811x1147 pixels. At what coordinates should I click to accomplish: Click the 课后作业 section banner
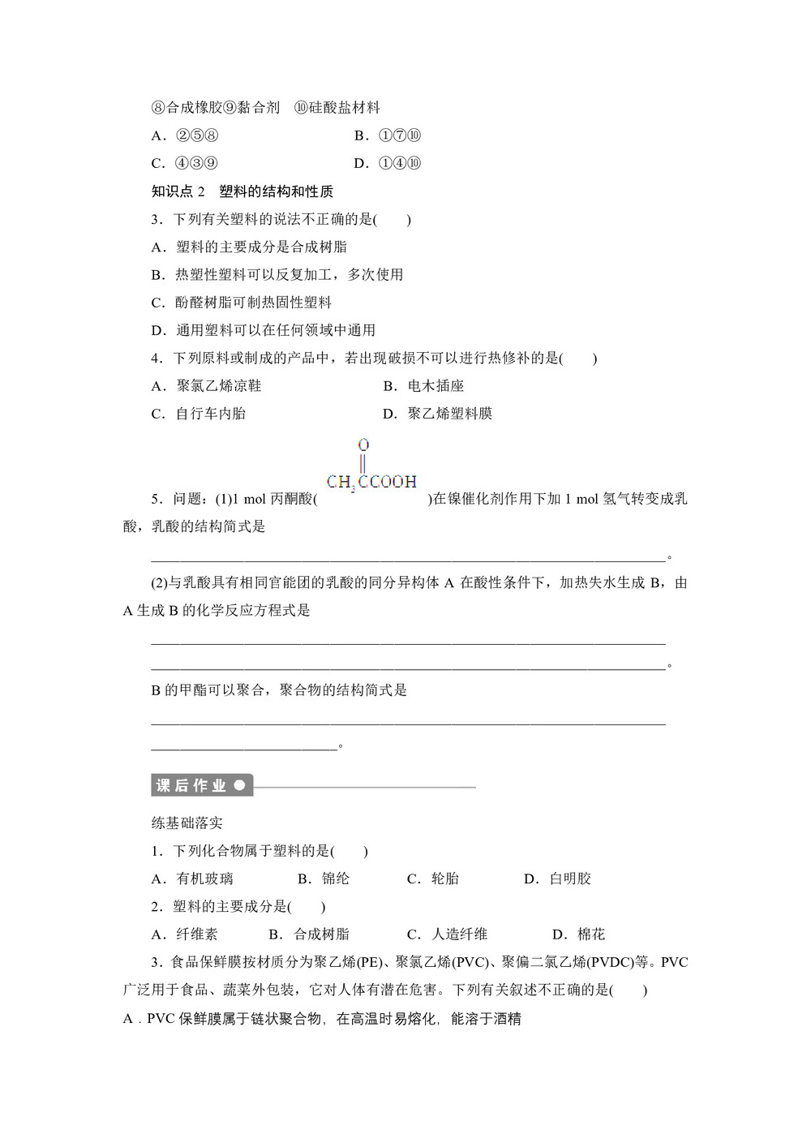[x=201, y=785]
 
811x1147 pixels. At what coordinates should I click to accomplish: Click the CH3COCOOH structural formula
[x=371, y=480]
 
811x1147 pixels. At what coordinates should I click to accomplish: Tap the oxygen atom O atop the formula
[x=363, y=445]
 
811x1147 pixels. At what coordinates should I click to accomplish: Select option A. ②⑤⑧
[x=185, y=135]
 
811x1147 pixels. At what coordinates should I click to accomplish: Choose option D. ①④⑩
[x=388, y=163]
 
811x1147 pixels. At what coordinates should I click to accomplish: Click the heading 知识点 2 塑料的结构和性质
[x=242, y=191]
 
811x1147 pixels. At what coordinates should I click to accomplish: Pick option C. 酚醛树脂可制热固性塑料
[x=242, y=303]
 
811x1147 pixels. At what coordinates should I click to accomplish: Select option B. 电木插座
[x=423, y=386]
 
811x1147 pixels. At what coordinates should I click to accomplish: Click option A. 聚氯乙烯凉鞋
[x=207, y=386]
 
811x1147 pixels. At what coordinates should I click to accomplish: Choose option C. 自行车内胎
[x=199, y=414]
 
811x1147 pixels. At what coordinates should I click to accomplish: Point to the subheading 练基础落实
[x=187, y=823]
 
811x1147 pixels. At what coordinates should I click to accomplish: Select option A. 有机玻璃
[x=192, y=879]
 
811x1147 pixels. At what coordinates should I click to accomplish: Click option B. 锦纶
[x=324, y=879]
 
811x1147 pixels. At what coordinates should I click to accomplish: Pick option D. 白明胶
[x=558, y=879]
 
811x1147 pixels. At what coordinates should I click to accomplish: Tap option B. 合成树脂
[x=309, y=934]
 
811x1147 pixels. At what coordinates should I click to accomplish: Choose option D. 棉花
[x=579, y=934]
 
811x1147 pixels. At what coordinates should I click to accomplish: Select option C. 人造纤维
[x=447, y=934]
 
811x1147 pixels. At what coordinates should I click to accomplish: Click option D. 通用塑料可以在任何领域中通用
[x=264, y=330]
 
